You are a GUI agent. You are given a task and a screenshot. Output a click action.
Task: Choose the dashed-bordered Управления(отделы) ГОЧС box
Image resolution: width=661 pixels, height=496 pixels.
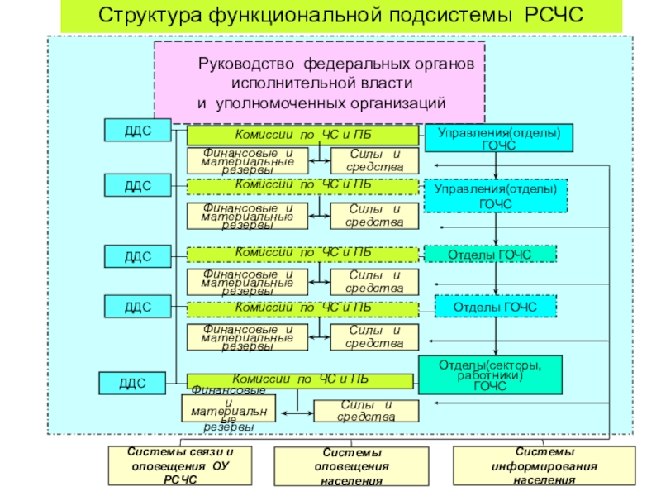pos(496,197)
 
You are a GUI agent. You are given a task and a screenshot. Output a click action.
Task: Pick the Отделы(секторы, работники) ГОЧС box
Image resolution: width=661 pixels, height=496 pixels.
pos(491,374)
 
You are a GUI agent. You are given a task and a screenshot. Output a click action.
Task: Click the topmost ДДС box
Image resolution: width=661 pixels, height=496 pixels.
pos(138,130)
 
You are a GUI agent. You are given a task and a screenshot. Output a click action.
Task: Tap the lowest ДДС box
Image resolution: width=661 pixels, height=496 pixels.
pos(132,383)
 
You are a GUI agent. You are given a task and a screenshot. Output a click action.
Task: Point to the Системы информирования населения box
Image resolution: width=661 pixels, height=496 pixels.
pos(544,466)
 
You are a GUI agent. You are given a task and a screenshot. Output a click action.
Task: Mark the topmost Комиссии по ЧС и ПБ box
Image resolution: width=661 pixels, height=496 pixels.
pos(302,136)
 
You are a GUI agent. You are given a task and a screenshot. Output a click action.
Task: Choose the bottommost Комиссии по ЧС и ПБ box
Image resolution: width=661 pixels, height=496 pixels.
pos(299,380)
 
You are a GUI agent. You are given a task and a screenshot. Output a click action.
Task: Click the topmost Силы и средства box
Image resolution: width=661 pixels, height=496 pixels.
pos(374,160)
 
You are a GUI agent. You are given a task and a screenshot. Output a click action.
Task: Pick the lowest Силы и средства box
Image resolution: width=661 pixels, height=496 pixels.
pos(365,410)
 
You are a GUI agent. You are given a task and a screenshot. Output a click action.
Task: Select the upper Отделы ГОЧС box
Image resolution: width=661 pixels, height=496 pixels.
pos(491,254)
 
